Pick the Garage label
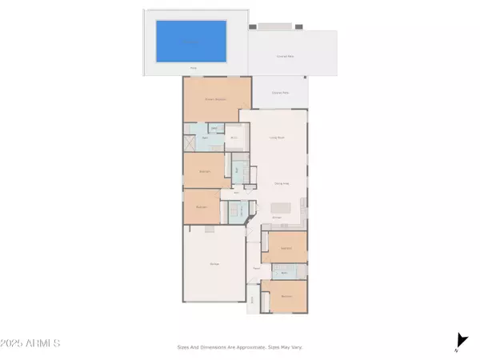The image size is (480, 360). coord(214,263)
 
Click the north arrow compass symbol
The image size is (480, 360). coord(460,342)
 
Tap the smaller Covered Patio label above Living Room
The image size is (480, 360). coord(278,92)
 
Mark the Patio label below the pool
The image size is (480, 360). coord(193,68)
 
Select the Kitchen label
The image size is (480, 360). coord(276,217)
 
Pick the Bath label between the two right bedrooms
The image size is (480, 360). coord(284,273)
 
